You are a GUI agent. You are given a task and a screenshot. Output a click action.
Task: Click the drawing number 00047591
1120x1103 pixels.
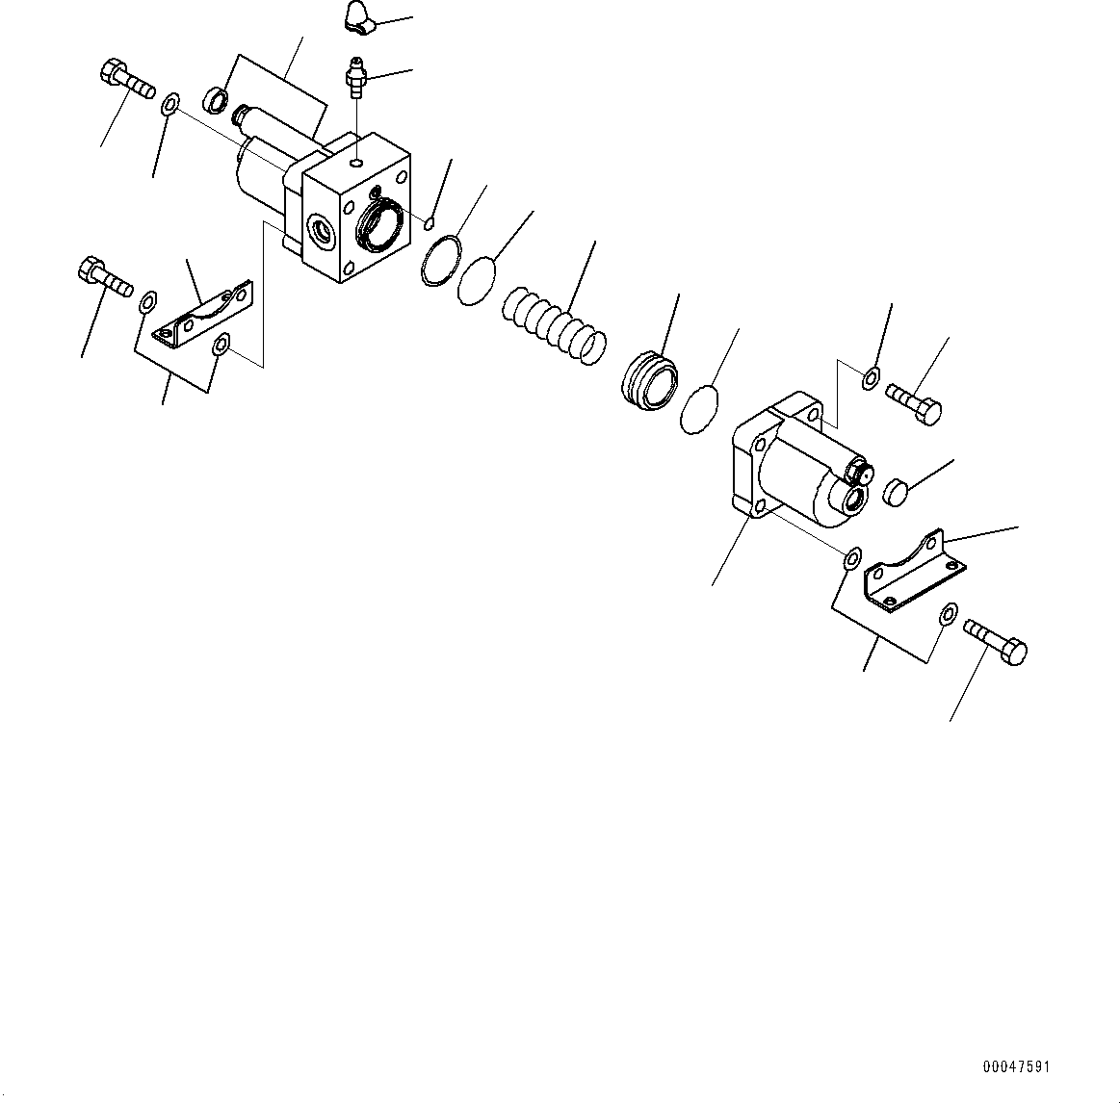pos(1017,1067)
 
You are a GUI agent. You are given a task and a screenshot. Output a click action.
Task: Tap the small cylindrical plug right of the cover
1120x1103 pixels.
pos(897,491)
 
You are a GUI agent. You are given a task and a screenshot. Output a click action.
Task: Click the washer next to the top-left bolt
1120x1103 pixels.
pos(170,103)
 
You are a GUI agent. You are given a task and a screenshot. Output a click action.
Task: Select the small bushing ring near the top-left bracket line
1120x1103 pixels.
pos(218,98)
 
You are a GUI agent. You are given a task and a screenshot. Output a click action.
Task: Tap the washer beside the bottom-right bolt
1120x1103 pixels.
pos(949,613)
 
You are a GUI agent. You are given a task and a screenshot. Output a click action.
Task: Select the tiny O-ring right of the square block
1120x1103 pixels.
pos(430,225)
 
